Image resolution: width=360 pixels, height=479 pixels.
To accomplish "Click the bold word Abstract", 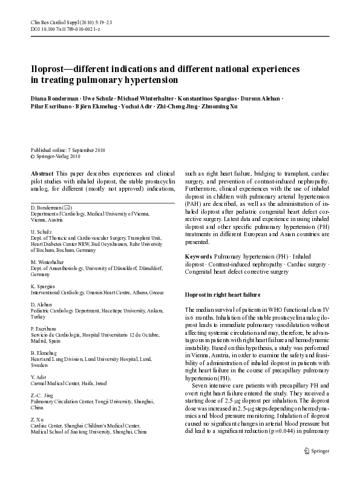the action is coord(42,173).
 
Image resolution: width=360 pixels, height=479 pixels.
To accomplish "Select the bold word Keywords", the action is coord(198,257).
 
